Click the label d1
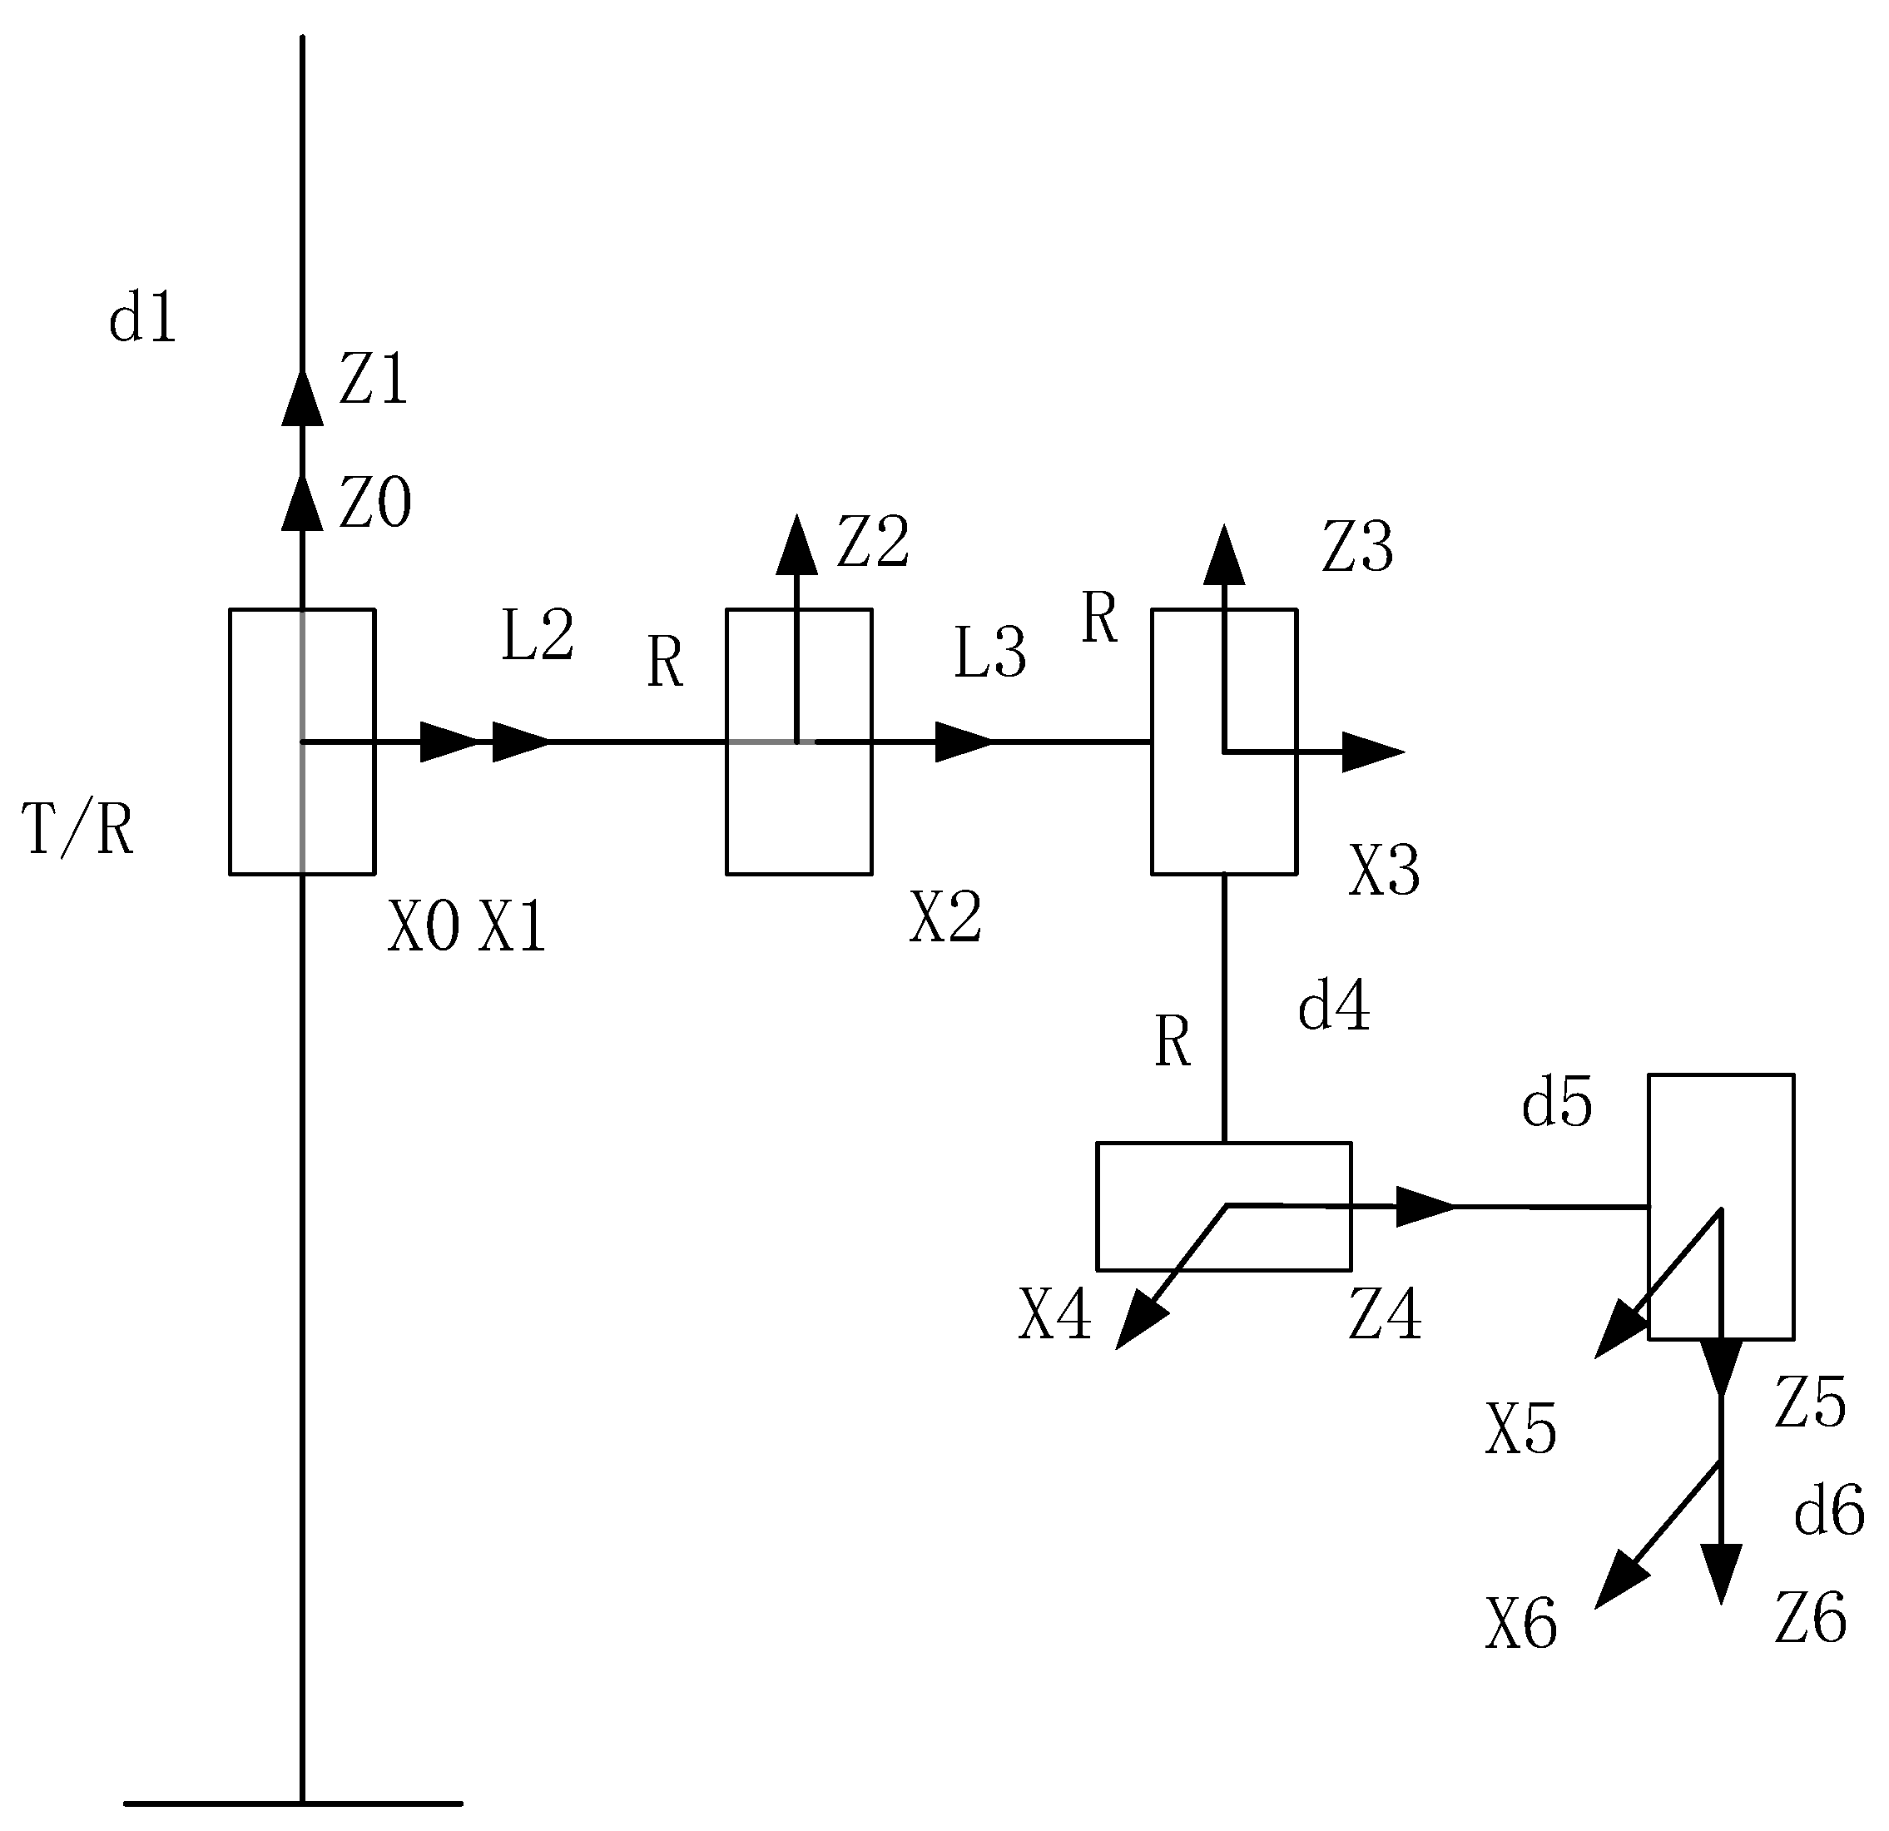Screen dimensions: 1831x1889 pyautogui.click(x=142, y=318)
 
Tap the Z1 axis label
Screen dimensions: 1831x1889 pyautogui.click(x=374, y=379)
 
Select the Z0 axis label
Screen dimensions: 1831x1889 pyautogui.click(x=375, y=502)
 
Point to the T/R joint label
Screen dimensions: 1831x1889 pyautogui.click(x=77, y=830)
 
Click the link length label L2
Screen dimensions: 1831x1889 pyautogui.click(x=538, y=635)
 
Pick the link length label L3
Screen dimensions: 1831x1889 pyautogui.click(x=989, y=653)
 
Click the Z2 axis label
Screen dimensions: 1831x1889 pyautogui.click(x=872, y=542)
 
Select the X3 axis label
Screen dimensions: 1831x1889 pyautogui.click(x=1384, y=871)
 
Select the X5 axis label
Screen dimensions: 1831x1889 pyautogui.click(x=1521, y=1429)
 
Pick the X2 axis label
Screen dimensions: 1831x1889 pyautogui.click(x=945, y=916)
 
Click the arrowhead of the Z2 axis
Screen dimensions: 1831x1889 pyautogui.click(x=797, y=545)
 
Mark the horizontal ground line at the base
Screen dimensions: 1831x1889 pyautogui.click(x=293, y=1803)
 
